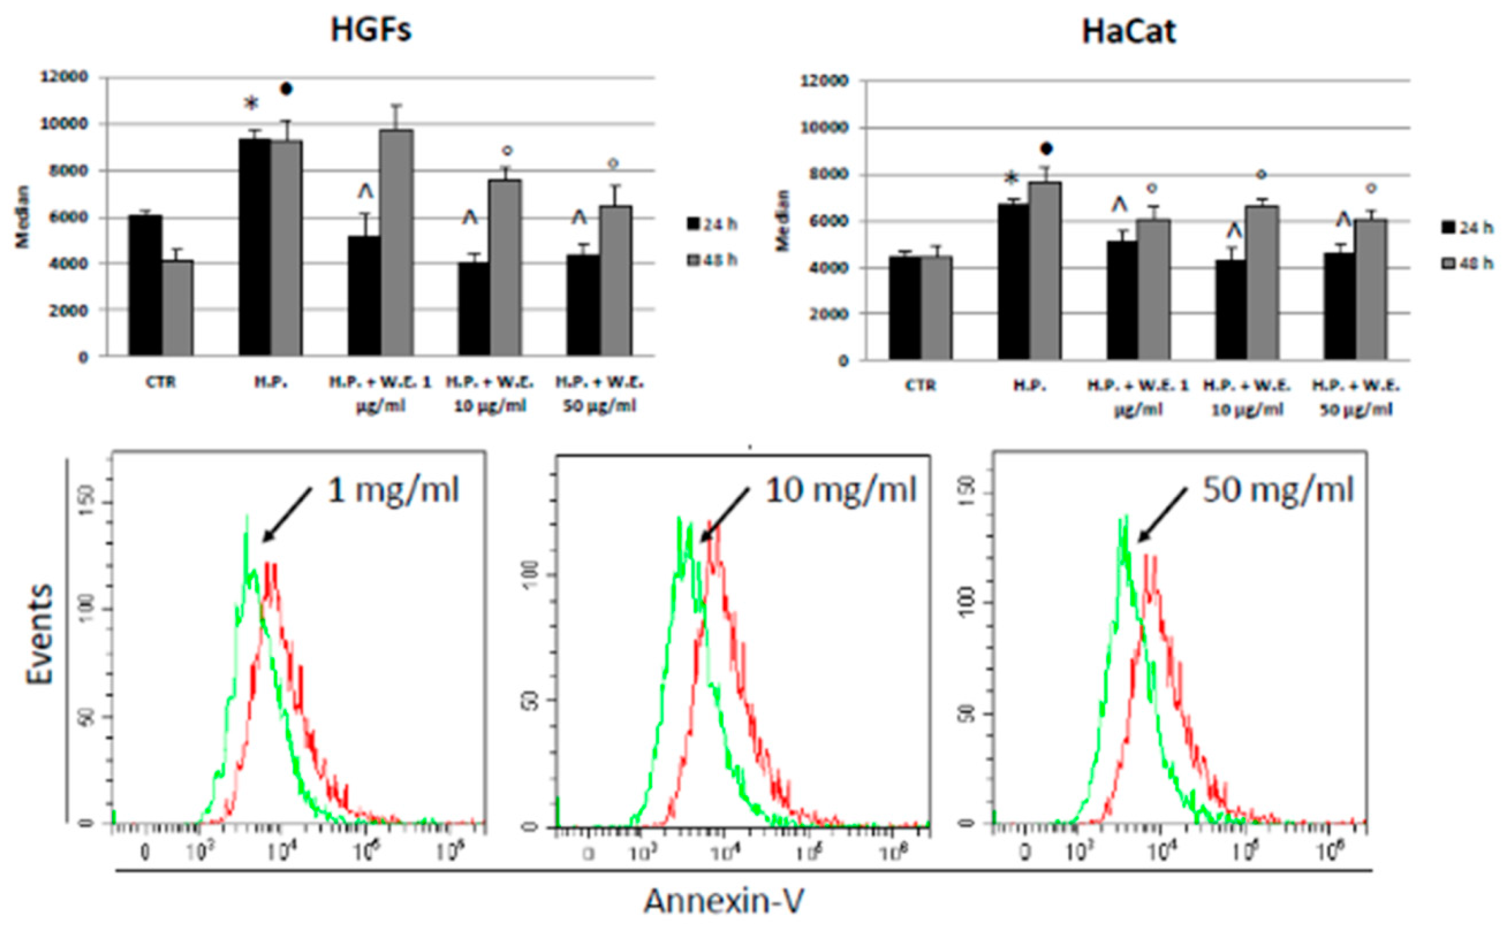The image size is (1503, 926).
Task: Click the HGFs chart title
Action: pos(371,30)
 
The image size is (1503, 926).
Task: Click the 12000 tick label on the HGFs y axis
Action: pos(64,77)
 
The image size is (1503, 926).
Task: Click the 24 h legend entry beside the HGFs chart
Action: pos(712,225)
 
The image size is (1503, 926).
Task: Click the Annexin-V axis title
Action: pos(723,902)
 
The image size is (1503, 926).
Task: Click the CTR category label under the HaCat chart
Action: pos(920,385)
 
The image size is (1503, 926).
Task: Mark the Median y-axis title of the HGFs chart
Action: pos(23,217)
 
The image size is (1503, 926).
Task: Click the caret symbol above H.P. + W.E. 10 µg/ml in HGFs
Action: pos(470,218)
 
